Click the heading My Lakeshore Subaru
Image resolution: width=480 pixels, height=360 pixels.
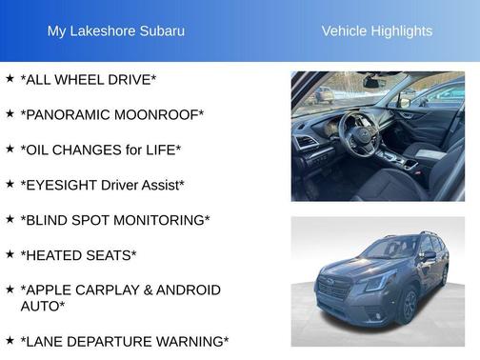116,31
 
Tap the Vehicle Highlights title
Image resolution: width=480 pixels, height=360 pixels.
376,31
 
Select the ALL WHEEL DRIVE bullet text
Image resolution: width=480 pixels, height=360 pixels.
89,79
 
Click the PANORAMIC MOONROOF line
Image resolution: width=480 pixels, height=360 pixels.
112,114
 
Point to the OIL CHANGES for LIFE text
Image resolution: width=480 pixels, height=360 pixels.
101,150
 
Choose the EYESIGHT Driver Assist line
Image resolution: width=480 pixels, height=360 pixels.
103,185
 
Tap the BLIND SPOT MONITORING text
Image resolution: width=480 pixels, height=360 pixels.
115,220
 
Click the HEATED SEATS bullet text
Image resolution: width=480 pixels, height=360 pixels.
78,255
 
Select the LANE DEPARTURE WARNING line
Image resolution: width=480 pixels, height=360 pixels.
125,341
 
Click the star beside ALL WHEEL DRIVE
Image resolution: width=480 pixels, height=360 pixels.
10,78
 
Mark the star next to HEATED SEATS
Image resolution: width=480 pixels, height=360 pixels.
10,254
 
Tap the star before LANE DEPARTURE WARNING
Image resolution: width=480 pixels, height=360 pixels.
10,340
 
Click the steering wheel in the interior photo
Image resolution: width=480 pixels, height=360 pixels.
361,130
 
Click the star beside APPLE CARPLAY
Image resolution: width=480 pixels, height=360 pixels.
10,289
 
